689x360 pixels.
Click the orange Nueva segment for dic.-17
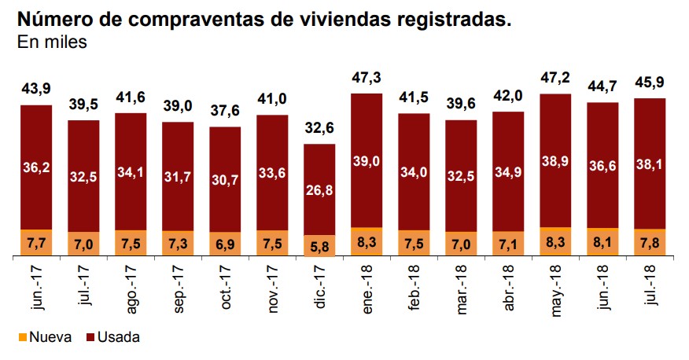(x=319, y=245)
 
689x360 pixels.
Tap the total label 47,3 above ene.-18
(x=367, y=79)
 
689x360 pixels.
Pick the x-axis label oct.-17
(x=227, y=287)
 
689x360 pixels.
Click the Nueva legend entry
(x=45, y=337)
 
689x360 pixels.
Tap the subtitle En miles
(x=52, y=42)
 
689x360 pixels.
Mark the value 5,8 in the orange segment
(x=319, y=246)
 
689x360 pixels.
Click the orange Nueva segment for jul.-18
(x=650, y=242)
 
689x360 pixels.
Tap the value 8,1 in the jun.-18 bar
(x=602, y=242)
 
